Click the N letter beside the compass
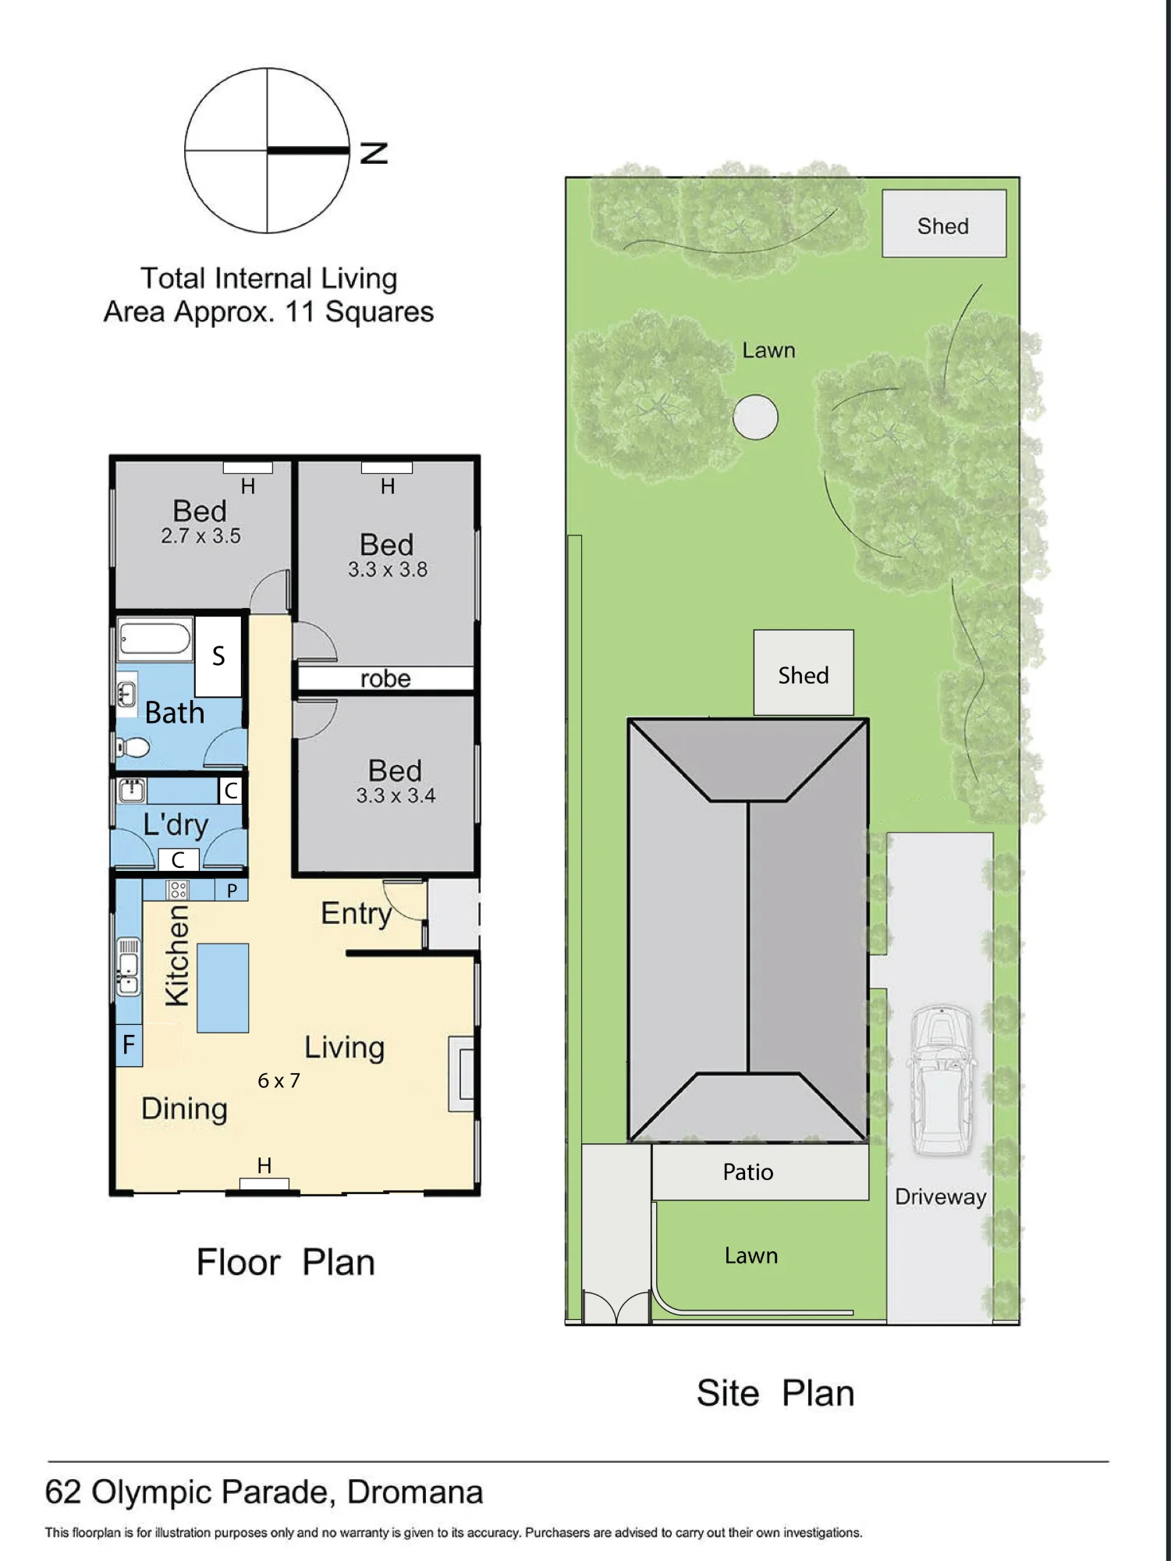(x=374, y=153)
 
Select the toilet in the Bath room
(x=133, y=748)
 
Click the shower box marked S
(x=218, y=656)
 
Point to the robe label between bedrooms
(x=385, y=678)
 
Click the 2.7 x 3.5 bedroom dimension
(x=200, y=536)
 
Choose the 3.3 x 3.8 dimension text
(x=388, y=570)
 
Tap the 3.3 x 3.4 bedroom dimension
(x=396, y=796)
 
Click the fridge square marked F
(x=129, y=1044)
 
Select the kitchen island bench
(x=222, y=988)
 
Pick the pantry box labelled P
(x=232, y=891)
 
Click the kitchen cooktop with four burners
(x=178, y=890)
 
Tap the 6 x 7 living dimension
(x=279, y=1081)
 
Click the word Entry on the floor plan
(x=357, y=914)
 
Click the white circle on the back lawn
(x=755, y=417)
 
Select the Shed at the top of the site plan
(x=944, y=224)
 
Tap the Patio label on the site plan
(x=747, y=1172)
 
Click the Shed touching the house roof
(x=804, y=673)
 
